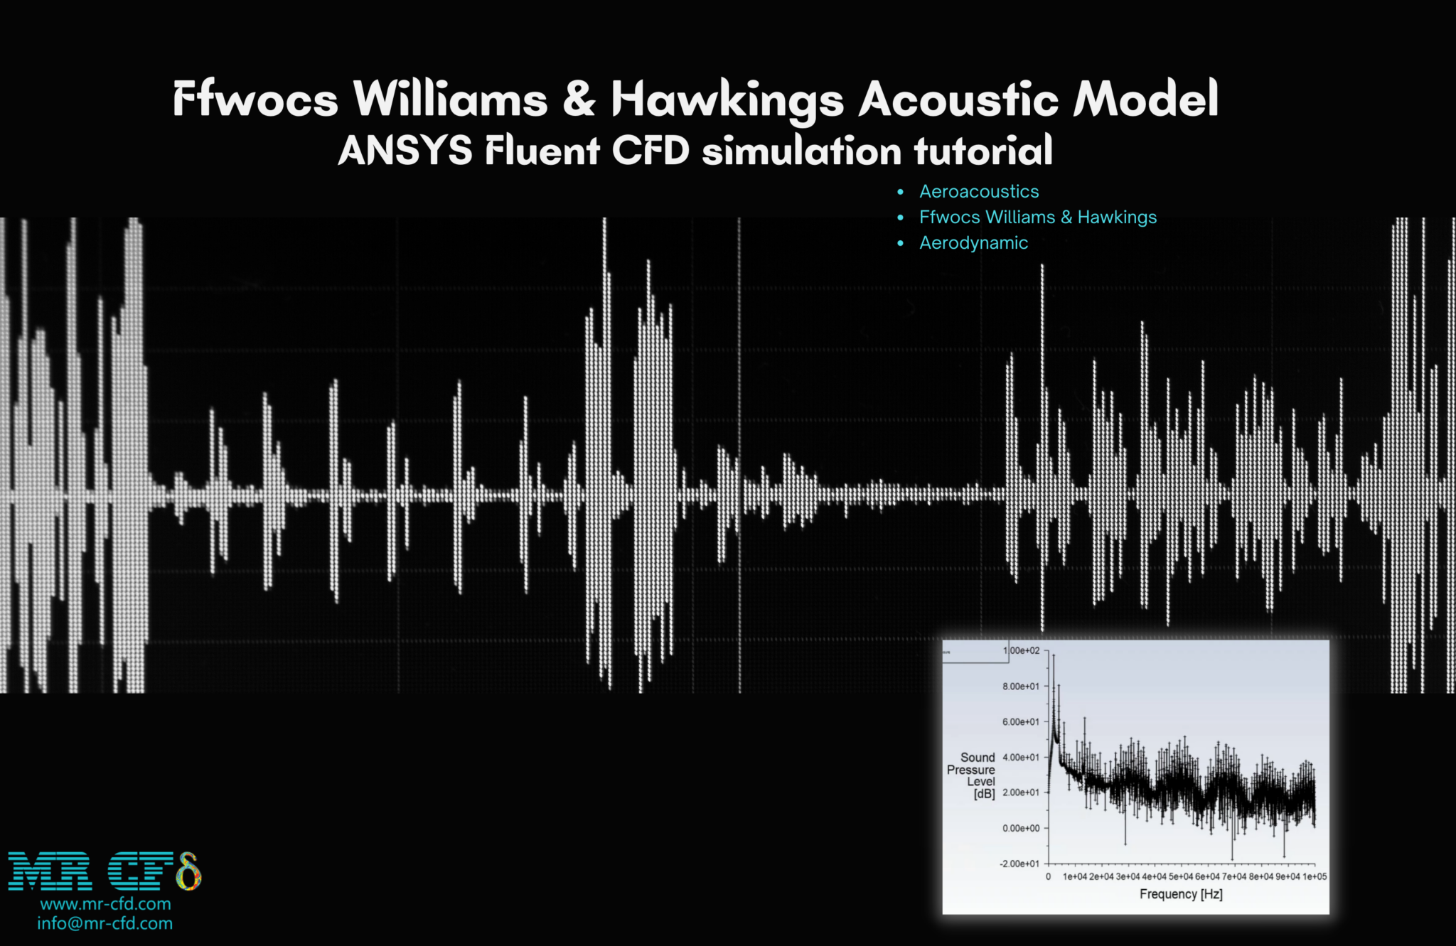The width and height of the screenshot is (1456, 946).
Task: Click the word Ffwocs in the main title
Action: [x=255, y=99]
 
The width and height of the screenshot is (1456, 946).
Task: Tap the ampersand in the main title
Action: [x=579, y=99]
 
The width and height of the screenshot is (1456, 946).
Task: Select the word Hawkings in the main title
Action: [x=727, y=100]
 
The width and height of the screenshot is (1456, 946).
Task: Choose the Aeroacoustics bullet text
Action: [x=978, y=191]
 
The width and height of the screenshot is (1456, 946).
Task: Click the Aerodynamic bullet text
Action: [x=973, y=243]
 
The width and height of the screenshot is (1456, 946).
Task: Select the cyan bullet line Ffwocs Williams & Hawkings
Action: [x=1037, y=217]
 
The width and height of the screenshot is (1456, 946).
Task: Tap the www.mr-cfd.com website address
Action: [x=105, y=904]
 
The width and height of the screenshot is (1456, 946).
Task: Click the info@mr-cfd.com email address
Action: [x=105, y=923]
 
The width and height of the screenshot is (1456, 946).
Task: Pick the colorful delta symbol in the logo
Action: [x=188, y=871]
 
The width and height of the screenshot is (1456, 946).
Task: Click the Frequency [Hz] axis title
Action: [x=1181, y=894]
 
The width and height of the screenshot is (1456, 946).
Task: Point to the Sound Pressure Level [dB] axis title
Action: [x=972, y=775]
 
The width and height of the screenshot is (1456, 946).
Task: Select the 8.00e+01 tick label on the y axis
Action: [x=1020, y=687]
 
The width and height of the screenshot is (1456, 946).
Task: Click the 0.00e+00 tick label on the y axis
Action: [x=1020, y=829]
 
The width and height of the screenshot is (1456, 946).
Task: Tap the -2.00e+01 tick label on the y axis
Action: [x=1019, y=864]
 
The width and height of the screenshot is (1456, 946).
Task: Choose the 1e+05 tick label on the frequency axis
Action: [x=1315, y=877]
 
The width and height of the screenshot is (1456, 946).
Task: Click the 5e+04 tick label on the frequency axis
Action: [x=1181, y=877]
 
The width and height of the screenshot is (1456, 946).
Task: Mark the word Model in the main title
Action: [x=1145, y=99]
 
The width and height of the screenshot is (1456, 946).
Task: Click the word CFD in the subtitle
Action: [x=651, y=151]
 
